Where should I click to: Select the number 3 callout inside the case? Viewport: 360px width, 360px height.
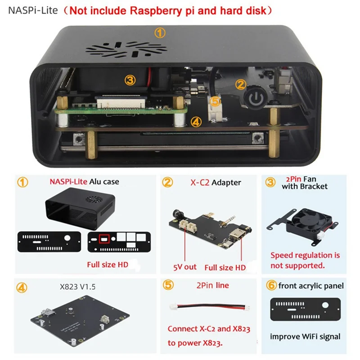[130, 80]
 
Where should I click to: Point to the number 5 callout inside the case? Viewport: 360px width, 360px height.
[216, 102]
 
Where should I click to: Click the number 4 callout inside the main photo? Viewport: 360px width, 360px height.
[195, 121]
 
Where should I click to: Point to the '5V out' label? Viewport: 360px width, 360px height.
[184, 266]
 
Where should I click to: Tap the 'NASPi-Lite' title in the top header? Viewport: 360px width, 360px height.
[33, 10]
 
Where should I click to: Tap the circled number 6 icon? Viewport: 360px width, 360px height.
[271, 286]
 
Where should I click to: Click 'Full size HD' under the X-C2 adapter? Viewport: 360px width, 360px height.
[225, 267]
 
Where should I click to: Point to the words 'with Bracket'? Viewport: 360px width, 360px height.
[305, 186]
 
